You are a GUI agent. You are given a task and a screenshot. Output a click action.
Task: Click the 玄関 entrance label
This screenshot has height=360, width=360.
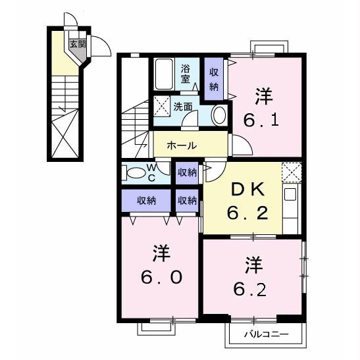pos(78,43)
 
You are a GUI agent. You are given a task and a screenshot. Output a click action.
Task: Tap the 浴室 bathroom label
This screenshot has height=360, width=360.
pos(186,74)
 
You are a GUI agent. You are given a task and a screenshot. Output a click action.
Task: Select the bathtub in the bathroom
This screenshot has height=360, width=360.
pos(164,74)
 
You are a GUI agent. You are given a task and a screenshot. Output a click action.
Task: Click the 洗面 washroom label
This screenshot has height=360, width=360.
pos(183,107)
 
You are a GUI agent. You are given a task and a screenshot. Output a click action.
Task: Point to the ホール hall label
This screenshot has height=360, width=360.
pos(182,145)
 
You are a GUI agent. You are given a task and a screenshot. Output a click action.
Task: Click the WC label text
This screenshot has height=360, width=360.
pos(152,172)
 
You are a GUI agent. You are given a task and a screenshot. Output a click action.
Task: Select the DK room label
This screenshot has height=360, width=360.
pos(247,190)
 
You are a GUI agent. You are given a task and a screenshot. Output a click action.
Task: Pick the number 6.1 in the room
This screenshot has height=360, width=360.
pos(261,120)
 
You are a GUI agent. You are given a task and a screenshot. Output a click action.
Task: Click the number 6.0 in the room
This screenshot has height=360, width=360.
pos(162,277)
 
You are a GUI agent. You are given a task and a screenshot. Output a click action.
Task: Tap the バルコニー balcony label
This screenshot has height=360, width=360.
pos(267,334)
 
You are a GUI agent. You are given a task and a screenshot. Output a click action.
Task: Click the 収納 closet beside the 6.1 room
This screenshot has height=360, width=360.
pos(214,79)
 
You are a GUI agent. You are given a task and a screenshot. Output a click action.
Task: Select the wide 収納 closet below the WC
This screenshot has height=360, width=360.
pos(146,201)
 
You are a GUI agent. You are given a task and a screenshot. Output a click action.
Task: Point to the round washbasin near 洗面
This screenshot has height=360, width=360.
pos(220,115)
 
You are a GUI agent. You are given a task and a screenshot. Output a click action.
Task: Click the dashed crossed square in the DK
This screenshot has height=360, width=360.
pos(292,172)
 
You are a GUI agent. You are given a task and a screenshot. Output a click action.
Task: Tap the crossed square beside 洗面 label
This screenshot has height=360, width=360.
pos(162,107)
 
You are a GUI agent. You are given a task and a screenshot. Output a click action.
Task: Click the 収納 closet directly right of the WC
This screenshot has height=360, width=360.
pos(187,172)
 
